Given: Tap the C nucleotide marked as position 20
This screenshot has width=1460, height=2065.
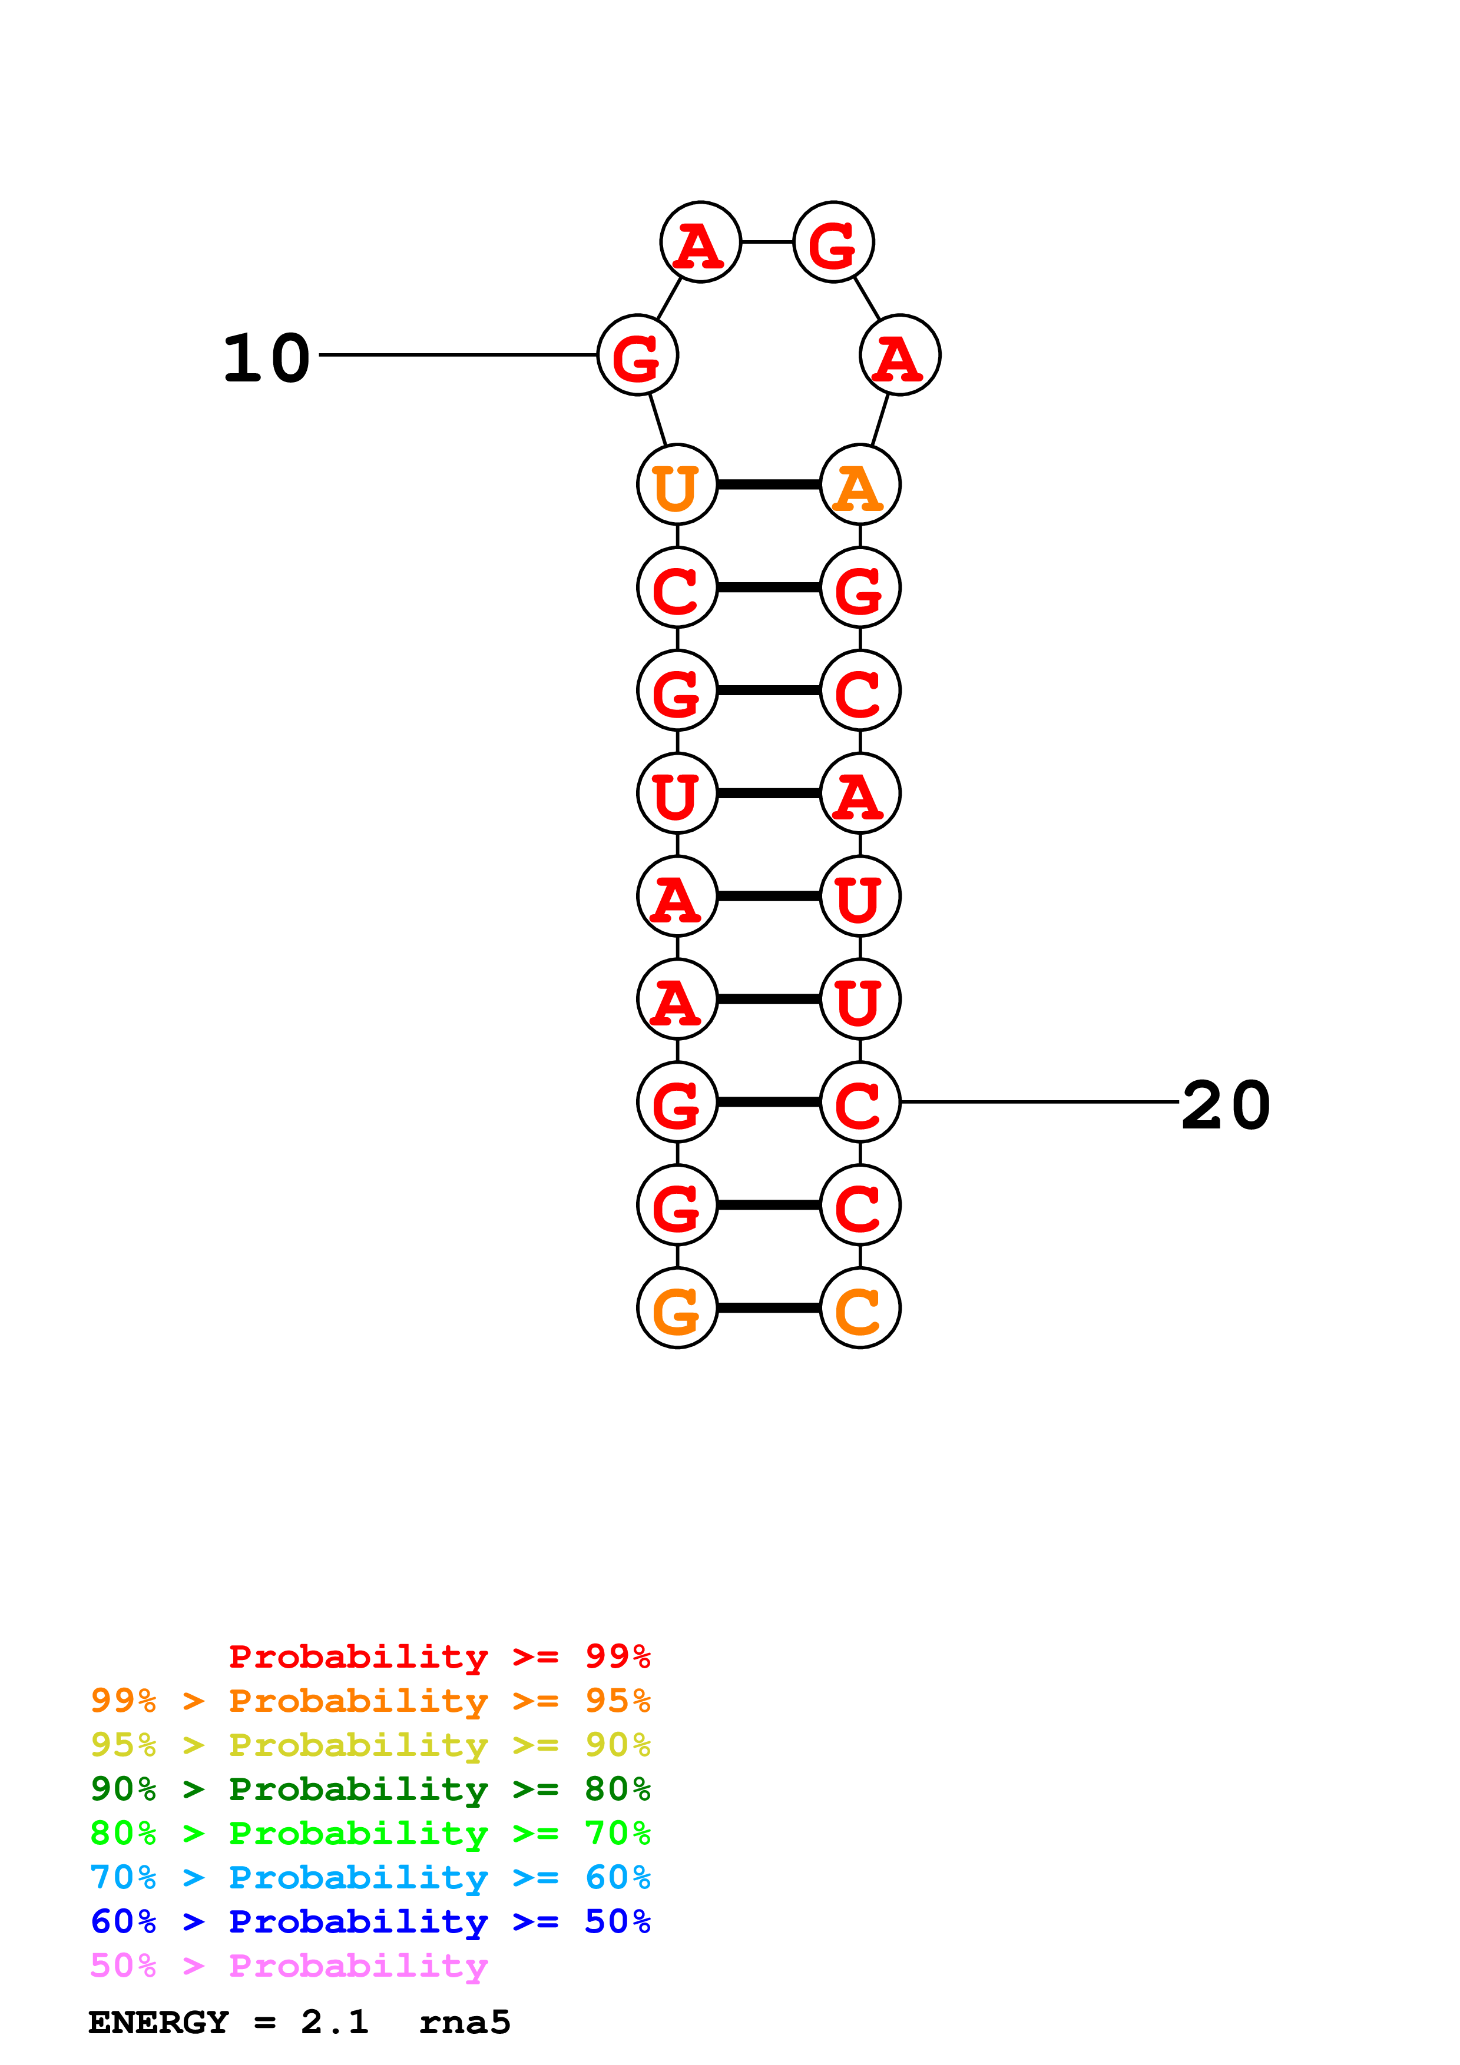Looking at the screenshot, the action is pos(859,1103).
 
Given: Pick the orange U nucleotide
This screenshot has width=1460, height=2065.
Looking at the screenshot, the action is pos(677,485).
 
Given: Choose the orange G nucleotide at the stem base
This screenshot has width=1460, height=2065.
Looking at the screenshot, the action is pos(677,1309).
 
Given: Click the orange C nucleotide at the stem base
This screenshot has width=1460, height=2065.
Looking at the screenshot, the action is pos(859,1309).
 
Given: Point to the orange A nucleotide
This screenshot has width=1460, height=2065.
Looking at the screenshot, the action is pos(859,485).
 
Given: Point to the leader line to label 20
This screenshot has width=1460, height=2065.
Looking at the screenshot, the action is pos(1039,1102).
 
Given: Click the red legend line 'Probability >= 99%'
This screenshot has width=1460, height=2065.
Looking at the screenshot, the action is pos(439,1656).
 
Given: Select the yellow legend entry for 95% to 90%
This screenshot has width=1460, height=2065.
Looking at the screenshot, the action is pos(370,1745).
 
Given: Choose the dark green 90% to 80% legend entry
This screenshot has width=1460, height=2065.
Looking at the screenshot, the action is pos(370,1789).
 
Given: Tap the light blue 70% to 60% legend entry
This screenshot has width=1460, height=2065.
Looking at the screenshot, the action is pos(370,1877).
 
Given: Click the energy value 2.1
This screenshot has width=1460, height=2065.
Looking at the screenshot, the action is pos(335,2022).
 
